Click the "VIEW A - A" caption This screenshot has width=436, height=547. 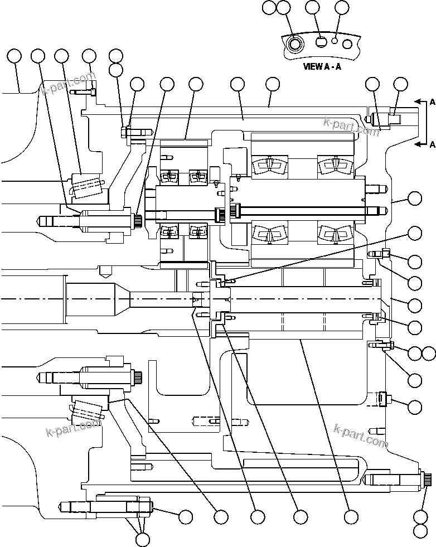click(x=322, y=66)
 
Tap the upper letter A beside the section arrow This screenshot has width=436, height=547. click(x=432, y=102)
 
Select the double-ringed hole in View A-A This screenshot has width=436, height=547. click(x=295, y=43)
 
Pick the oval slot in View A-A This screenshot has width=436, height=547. click(x=321, y=41)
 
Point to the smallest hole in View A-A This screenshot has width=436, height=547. click(x=335, y=40)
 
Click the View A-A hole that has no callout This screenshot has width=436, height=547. click(x=347, y=43)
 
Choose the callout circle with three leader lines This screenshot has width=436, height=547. click(x=143, y=539)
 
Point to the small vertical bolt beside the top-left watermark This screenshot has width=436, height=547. click(x=94, y=87)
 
